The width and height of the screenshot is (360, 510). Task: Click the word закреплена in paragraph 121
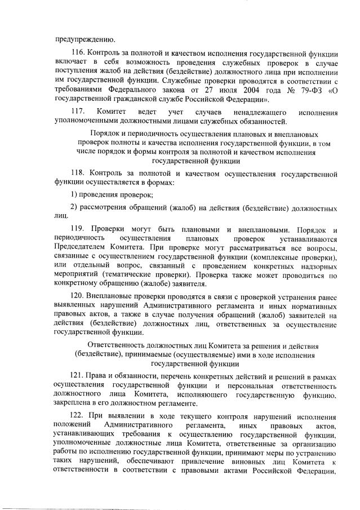73,403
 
